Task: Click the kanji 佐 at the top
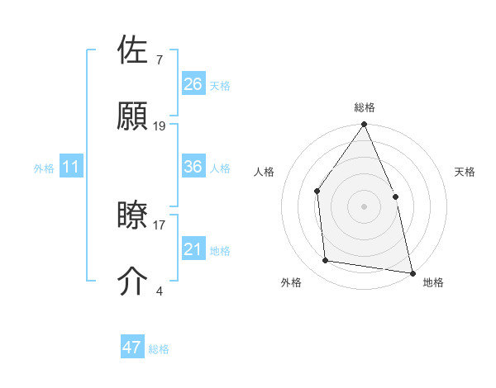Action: point(133,51)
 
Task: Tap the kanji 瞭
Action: point(133,216)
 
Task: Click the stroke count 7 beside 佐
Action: point(160,60)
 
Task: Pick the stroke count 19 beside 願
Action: point(160,126)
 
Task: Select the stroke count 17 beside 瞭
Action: point(160,225)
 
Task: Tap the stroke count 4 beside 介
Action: point(160,291)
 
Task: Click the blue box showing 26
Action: point(193,83)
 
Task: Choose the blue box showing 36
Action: point(193,167)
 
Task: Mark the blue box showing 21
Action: point(193,249)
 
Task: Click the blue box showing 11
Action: point(71,167)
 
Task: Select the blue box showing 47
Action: point(132,348)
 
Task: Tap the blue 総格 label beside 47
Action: point(159,349)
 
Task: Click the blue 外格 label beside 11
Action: point(44,168)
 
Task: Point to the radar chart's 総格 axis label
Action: point(365,107)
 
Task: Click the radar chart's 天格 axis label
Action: point(465,172)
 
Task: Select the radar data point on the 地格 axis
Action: point(412,272)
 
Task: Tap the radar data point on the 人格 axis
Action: point(317,192)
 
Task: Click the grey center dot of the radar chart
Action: point(364,206)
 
